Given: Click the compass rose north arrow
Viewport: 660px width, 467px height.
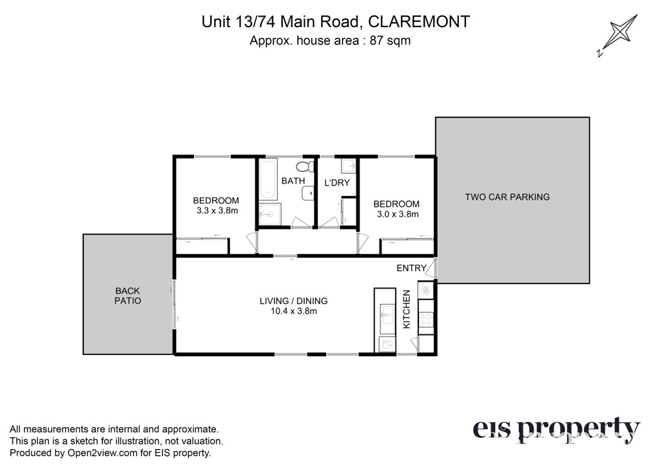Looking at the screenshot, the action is [x=618, y=35].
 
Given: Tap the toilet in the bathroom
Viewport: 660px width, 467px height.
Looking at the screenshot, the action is [x=305, y=167].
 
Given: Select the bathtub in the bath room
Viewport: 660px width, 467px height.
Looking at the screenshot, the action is [x=267, y=179].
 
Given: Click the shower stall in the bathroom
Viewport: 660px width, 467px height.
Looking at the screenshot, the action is [x=269, y=214].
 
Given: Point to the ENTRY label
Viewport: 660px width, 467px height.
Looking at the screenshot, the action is [x=411, y=268].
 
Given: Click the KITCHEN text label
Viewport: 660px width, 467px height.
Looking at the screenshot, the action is [x=407, y=309].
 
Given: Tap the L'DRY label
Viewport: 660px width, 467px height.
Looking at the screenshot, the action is [x=336, y=182].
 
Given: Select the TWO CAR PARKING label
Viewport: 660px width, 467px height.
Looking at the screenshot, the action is [x=507, y=197].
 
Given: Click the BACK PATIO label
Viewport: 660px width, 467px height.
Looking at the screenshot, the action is [x=128, y=296].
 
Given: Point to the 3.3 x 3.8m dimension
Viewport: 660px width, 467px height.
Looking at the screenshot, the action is [x=217, y=211].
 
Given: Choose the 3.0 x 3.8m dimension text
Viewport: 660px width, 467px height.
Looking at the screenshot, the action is [x=398, y=214].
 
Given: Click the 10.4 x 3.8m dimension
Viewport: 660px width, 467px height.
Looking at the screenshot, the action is [x=294, y=311].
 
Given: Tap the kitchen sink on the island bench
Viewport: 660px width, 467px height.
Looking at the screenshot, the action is [x=387, y=315].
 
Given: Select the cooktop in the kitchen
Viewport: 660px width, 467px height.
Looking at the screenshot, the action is [x=426, y=319].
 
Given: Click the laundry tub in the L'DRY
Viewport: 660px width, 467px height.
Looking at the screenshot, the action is [x=349, y=166].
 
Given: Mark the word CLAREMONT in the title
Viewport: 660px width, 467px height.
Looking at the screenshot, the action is [x=419, y=22].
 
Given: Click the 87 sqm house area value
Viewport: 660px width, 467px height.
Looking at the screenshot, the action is [x=390, y=41].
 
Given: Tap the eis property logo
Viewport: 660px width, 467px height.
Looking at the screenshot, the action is [x=556, y=430].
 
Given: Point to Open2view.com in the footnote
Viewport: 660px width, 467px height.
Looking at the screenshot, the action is [x=102, y=453].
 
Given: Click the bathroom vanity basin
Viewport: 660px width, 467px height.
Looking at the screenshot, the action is [x=307, y=194].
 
